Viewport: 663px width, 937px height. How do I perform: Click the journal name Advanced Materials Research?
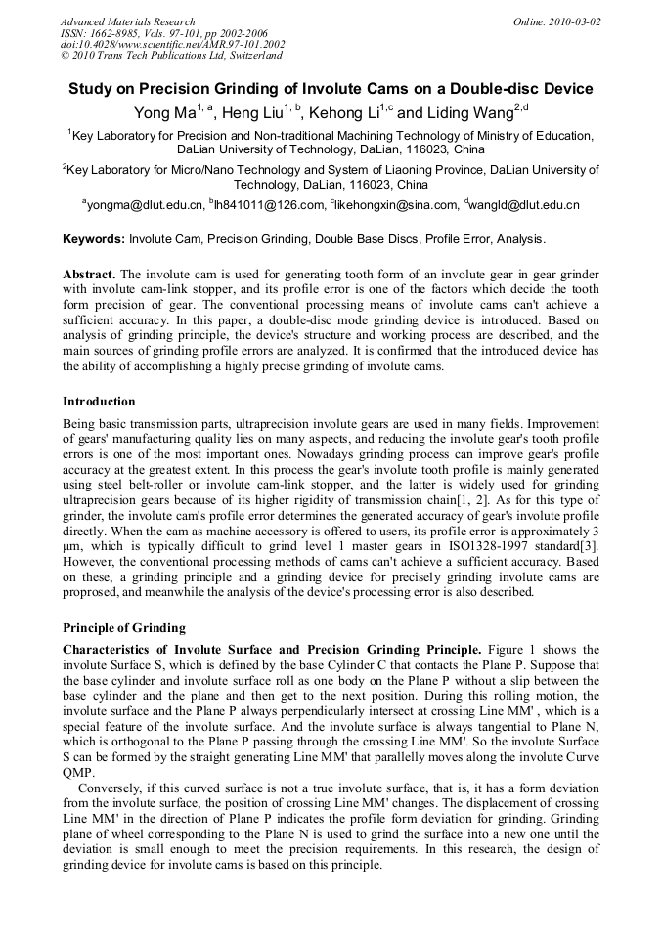(127, 21)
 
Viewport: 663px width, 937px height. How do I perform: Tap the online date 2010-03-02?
(574, 21)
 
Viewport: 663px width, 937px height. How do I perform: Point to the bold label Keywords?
(94, 239)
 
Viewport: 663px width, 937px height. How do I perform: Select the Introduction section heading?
(99, 402)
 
